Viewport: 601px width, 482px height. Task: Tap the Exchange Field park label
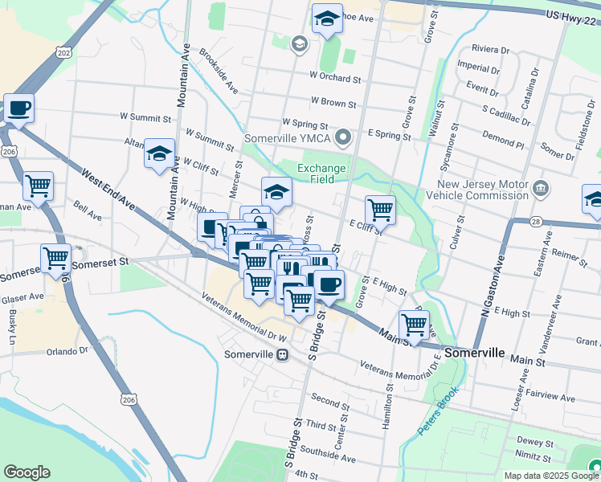(x=321, y=174)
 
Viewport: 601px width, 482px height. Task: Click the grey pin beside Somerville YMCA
(x=345, y=138)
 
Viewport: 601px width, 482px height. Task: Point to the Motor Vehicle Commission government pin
(x=542, y=190)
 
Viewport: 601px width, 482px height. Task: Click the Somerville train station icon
(x=282, y=354)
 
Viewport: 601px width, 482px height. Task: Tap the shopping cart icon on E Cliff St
(x=380, y=210)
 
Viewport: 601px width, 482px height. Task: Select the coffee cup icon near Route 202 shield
(x=18, y=107)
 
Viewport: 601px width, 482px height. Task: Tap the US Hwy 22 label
(x=571, y=16)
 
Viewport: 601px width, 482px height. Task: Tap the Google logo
(x=27, y=472)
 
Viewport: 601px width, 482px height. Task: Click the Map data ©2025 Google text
(x=550, y=476)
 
